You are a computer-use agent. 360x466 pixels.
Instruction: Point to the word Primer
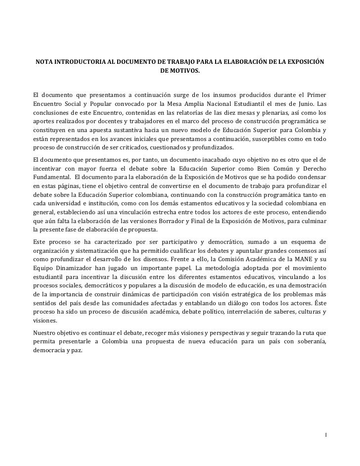point(316,94)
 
